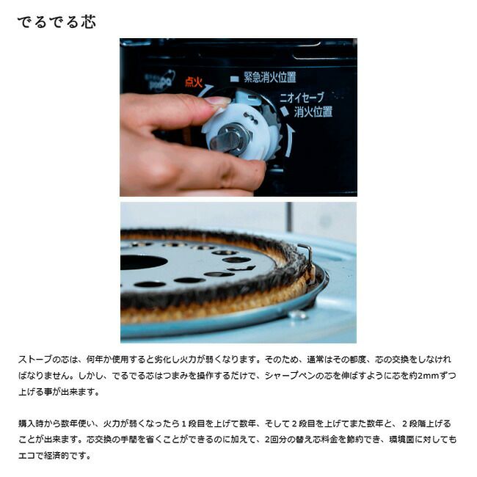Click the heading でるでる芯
[57, 22]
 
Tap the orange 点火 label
[194, 82]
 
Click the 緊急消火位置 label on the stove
[269, 77]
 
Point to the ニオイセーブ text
[302, 98]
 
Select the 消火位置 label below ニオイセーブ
[313, 112]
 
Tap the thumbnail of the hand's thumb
[217, 102]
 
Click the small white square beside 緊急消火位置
[235, 79]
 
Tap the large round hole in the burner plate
[144, 262]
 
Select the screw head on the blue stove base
[297, 315]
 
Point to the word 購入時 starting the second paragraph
[31, 423]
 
